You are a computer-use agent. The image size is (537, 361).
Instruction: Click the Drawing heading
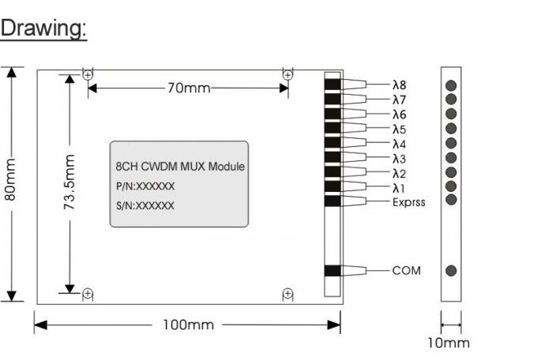43,29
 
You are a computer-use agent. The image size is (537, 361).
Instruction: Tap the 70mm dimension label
188,87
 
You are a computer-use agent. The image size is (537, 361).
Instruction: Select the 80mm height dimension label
10,180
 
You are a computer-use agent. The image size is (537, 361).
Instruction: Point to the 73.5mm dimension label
69,182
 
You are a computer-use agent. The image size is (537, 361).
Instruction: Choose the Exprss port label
408,202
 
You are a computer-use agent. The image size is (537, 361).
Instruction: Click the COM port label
407,270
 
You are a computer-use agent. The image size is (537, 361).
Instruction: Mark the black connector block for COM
332,270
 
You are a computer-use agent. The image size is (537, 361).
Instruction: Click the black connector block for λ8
332,83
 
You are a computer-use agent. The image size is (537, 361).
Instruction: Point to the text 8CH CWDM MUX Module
175,167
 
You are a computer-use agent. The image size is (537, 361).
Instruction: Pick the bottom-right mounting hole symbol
288,294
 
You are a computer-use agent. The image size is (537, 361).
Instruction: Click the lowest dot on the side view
451,270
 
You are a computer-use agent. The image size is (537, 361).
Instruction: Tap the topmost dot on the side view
451,85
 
